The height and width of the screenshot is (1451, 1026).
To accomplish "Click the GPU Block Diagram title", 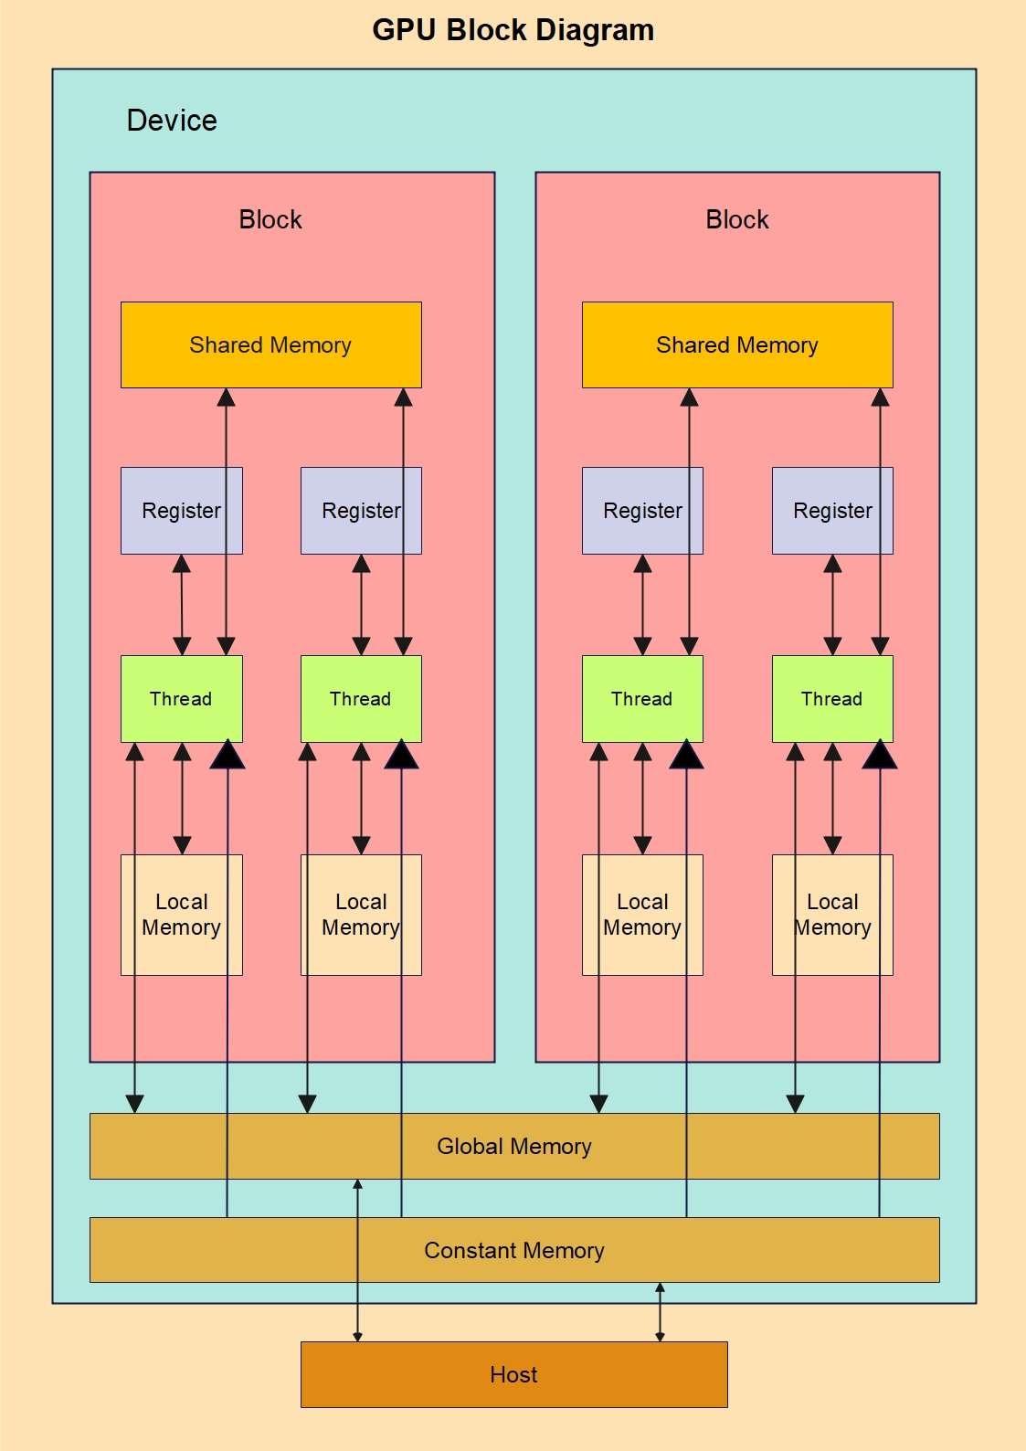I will point(513,30).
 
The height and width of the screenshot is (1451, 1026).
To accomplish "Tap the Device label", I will point(172,121).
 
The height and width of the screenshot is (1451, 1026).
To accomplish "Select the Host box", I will point(513,1374).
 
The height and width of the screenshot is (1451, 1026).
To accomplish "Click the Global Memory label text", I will point(513,1146).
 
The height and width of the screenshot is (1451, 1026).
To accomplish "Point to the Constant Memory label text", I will point(513,1250).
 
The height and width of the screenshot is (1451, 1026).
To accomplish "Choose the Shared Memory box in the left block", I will point(270,344).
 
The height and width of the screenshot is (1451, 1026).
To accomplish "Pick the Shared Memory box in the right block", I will point(736,344).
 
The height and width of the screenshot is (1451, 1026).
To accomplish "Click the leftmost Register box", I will point(181,510).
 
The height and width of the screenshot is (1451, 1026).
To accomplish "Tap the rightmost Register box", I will point(831,510).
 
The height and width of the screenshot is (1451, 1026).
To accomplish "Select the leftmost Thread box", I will point(181,698).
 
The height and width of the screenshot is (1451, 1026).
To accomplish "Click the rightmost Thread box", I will point(831,698).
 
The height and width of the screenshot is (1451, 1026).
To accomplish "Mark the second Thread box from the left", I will point(361,698).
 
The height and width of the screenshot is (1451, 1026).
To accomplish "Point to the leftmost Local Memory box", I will point(181,915).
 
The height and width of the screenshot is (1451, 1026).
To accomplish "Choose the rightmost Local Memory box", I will point(831,915).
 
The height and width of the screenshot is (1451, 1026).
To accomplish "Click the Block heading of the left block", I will point(270,219).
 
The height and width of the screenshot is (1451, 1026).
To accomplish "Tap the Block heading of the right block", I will point(736,219).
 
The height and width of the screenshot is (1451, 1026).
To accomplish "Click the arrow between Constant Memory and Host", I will point(660,1312).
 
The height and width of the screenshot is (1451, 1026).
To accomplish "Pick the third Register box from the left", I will point(642,510).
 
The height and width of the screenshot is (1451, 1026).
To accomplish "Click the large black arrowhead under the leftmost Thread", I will point(227,756).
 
